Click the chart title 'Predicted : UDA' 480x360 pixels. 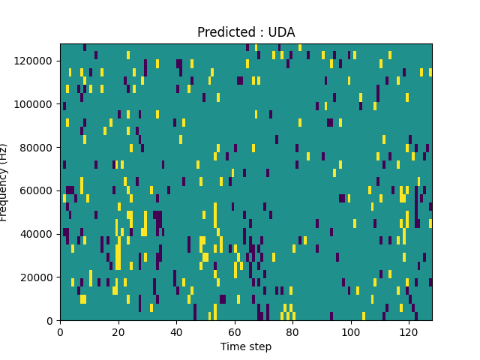coord(246,32)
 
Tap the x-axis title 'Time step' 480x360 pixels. coord(246,346)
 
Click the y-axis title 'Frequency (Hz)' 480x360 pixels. coord(5,182)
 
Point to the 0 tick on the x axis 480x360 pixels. coord(60,331)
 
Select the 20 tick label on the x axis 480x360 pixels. coord(118,331)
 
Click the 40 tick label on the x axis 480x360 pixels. coord(176,331)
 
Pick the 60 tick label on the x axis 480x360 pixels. coord(235,331)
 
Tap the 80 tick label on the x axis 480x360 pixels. coord(292,331)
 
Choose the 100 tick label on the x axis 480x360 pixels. coord(351,331)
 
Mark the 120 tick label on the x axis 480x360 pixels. coord(409,331)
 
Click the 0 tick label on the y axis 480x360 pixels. coord(49,320)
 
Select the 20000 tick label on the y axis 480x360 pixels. coord(37,277)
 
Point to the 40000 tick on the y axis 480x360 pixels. coord(37,234)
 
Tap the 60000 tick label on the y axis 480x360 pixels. coord(37,190)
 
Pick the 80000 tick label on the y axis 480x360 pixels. coord(37,147)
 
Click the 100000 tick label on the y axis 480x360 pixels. coord(35,104)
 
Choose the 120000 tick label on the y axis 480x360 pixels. coord(35,61)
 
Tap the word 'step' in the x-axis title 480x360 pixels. coord(259,346)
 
